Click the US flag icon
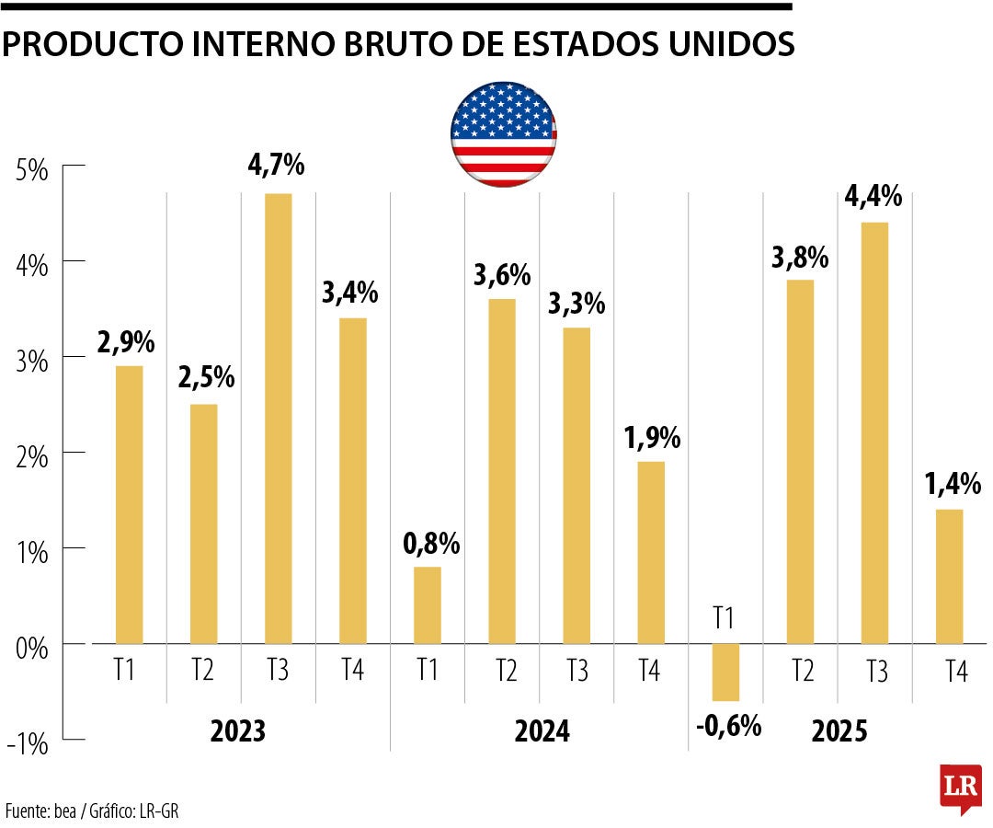tap(503, 134)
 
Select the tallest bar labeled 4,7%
tap(278, 419)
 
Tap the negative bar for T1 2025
tap(725, 672)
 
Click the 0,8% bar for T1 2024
tap(428, 604)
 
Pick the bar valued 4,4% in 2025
tap(874, 432)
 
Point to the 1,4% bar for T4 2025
tap(949, 576)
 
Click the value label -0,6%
tap(729, 727)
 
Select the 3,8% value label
tap(800, 258)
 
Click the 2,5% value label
tap(205, 378)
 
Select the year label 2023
tap(237, 732)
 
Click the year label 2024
tap(542, 732)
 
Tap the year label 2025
tap(839, 732)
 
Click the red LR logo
tap(960, 788)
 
